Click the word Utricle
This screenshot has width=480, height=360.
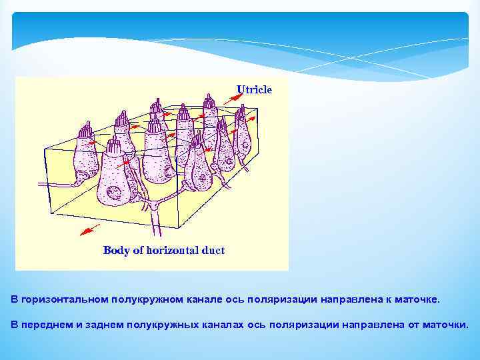pos(254,89)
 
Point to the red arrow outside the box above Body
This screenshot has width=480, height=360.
pos(87,230)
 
